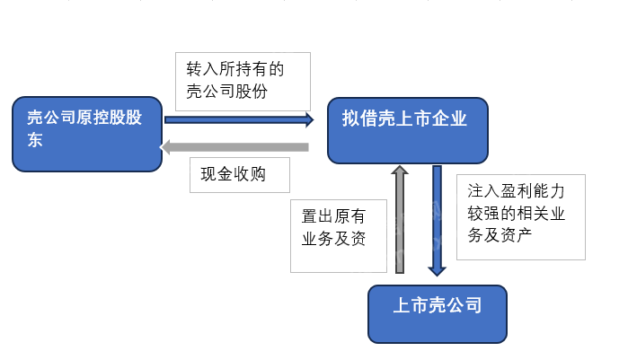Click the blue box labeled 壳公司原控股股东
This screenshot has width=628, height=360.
[86, 134]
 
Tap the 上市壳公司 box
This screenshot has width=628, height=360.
[437, 313]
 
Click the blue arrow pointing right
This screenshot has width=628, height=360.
[238, 119]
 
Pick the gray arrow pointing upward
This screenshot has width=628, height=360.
[401, 220]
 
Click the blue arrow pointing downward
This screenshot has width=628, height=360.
[437, 220]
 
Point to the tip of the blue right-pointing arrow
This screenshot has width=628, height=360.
[311, 119]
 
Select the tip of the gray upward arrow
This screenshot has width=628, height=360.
[401, 168]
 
